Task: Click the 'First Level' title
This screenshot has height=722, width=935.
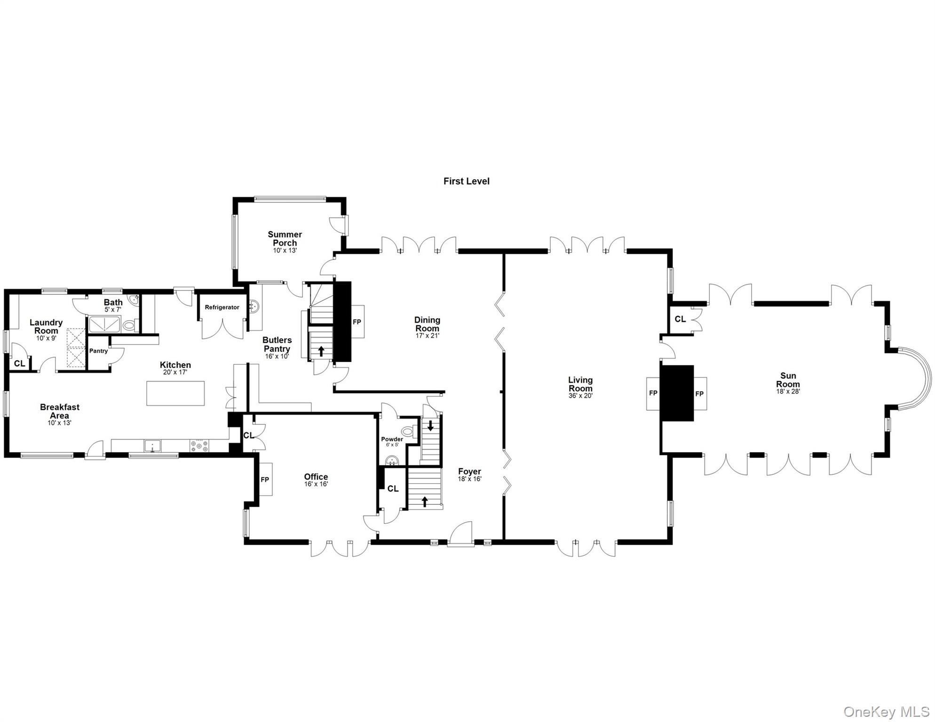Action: tap(466, 181)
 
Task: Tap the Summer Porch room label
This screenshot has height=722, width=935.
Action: tap(285, 238)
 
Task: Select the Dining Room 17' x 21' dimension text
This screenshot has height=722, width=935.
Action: tap(427, 336)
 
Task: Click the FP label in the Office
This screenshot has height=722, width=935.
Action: tap(265, 479)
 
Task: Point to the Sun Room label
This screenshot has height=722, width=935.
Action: tap(788, 380)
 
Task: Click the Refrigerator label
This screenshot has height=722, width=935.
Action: tap(222, 307)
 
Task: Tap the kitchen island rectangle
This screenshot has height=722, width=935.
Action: tap(175, 393)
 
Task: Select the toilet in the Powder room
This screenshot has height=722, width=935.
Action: tap(407, 431)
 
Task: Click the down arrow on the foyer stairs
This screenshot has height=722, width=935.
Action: tap(430, 426)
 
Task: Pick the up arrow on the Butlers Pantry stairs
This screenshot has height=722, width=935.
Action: tap(321, 351)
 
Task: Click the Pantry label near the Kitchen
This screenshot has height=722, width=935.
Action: tap(98, 351)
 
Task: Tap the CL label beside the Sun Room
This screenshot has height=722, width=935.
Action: tap(680, 319)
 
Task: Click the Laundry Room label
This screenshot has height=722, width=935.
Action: tap(46, 326)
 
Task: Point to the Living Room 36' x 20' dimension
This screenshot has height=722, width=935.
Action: tap(580, 396)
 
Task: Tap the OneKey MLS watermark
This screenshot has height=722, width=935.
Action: tap(886, 712)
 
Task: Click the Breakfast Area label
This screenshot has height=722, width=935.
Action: tap(60, 411)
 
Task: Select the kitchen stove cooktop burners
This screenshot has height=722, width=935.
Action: tap(199, 445)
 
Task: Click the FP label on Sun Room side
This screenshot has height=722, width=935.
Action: tap(699, 394)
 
